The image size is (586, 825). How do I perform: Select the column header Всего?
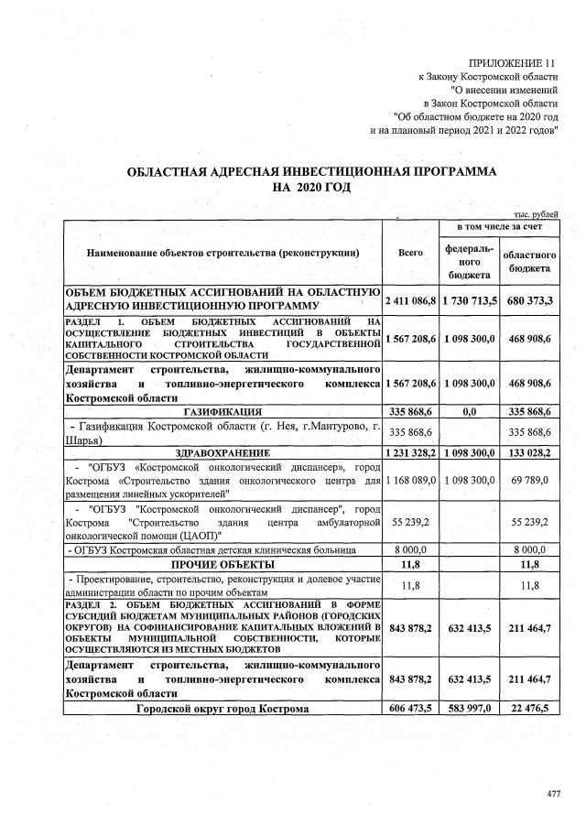coord(410,252)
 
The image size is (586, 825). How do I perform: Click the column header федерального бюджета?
coord(469,260)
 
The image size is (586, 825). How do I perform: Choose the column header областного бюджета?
coord(530,261)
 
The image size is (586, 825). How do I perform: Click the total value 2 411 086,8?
coord(410,300)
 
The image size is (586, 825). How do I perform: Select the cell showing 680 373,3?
coord(531,300)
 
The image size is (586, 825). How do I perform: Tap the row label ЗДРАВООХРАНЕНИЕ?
coord(222,452)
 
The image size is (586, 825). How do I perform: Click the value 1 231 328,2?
coord(410,452)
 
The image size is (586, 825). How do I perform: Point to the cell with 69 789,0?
coord(531,479)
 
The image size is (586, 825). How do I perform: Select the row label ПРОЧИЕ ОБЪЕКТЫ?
coord(222,565)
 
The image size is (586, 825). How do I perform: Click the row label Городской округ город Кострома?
coord(222,708)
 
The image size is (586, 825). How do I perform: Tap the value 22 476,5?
coord(531,708)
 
